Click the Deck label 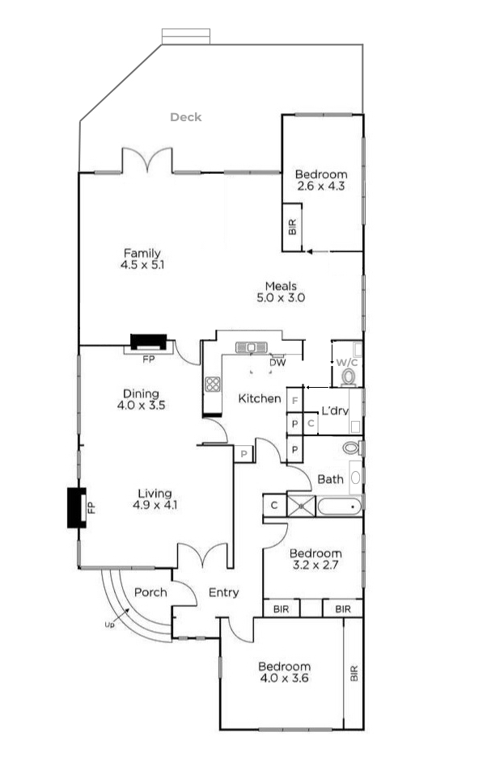click(x=185, y=117)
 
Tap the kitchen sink click(x=252, y=347)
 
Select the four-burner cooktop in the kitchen click(x=213, y=385)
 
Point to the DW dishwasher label click(x=277, y=363)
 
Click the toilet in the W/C click(x=349, y=376)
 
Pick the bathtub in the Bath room click(x=339, y=507)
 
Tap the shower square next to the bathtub click(x=301, y=507)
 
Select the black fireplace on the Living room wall click(x=76, y=507)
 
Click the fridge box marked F click(x=295, y=400)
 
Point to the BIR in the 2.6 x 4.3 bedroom click(x=292, y=227)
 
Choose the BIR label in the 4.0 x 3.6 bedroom click(x=353, y=673)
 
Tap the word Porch click(x=150, y=592)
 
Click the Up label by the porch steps click(x=109, y=625)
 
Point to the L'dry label click(x=334, y=410)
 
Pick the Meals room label click(x=281, y=286)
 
